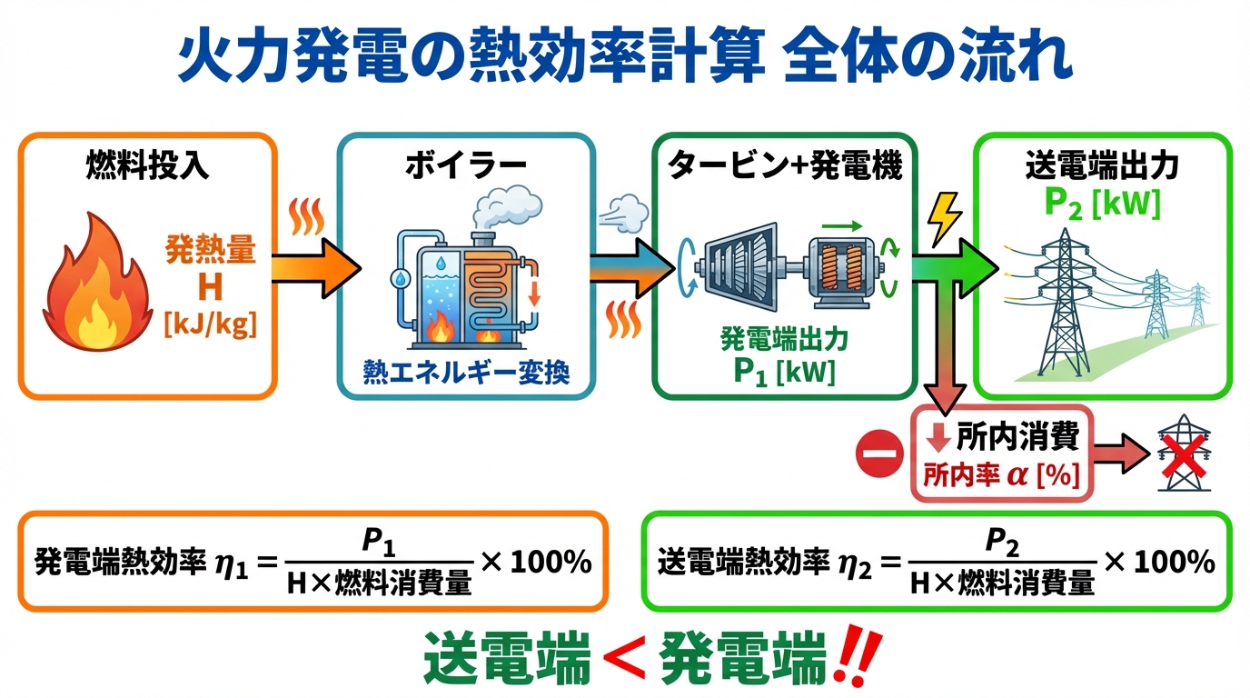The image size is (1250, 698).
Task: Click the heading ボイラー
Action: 466,166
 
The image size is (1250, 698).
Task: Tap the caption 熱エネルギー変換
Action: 466,372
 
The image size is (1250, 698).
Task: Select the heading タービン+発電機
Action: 785,166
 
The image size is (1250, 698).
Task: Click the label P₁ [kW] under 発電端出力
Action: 785,373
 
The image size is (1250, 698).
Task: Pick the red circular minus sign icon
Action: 880,452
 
